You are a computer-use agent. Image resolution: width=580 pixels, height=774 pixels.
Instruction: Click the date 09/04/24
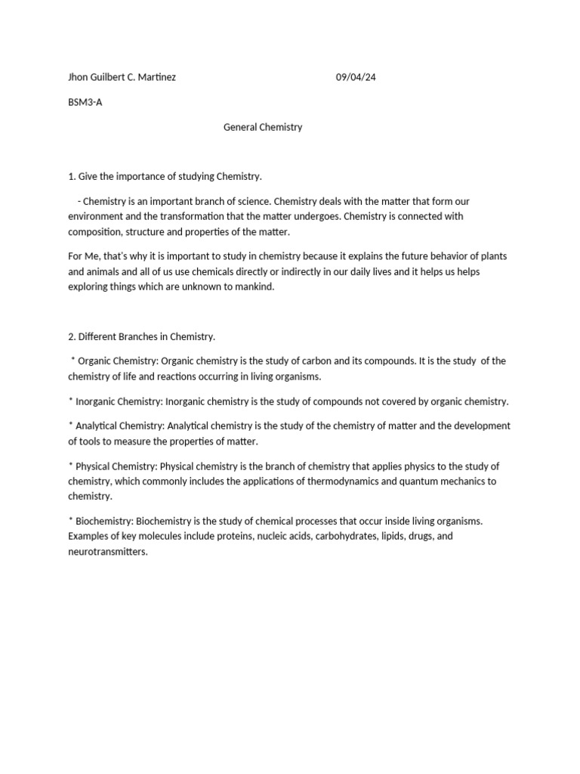[x=355, y=77]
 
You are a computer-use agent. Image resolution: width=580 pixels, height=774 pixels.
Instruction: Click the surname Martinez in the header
[x=156, y=77]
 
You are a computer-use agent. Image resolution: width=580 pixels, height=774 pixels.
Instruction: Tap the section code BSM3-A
[x=85, y=102]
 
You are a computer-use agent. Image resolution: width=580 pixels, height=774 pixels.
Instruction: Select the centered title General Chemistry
[x=263, y=127]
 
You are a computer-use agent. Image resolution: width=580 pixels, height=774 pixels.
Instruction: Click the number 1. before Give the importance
[x=72, y=176]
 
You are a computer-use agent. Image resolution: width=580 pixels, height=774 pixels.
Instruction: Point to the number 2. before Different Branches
[x=72, y=336]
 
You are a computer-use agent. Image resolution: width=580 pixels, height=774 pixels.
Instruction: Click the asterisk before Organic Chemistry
[x=72, y=361]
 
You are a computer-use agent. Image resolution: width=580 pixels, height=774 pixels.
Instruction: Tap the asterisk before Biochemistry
[x=70, y=521]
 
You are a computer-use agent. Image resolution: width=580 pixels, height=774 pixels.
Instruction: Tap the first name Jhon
[x=79, y=77]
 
